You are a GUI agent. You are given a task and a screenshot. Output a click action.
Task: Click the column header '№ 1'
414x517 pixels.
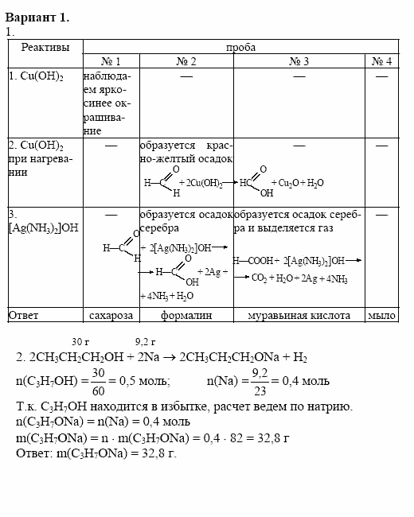111,61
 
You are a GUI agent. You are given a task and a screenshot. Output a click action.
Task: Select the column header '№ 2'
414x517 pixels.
186,61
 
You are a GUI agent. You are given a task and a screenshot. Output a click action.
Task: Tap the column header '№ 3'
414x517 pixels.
299,61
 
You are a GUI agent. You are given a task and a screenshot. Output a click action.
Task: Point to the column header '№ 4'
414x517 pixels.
382,61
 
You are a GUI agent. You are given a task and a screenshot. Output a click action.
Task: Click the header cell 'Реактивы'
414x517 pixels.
45,48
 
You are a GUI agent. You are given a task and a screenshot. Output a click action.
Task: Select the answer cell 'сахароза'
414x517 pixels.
111,316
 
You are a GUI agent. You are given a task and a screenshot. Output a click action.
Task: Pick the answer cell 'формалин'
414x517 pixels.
186,316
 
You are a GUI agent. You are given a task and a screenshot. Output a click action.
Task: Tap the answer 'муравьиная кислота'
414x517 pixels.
299,316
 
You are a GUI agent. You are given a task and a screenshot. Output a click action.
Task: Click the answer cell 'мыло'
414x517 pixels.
382,316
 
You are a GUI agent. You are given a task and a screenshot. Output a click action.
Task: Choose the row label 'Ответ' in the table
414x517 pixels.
24,316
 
